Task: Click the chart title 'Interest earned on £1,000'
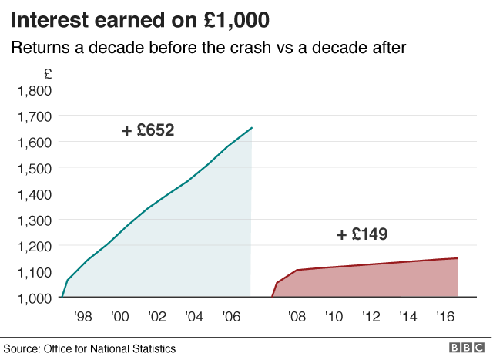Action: (x=140, y=19)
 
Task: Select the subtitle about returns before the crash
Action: (x=207, y=48)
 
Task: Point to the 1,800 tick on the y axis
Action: (x=34, y=90)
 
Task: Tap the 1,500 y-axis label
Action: (x=34, y=168)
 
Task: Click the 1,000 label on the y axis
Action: (x=34, y=298)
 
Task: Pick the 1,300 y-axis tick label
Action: (x=34, y=220)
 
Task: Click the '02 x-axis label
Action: (x=157, y=317)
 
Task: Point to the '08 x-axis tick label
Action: (x=295, y=317)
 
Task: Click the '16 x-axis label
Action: (x=444, y=317)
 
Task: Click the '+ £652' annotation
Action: (x=148, y=131)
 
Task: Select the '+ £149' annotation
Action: (x=362, y=234)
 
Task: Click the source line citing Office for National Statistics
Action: (x=90, y=348)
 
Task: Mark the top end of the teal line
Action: (x=252, y=128)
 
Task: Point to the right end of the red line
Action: (x=458, y=258)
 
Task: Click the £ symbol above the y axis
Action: (x=48, y=74)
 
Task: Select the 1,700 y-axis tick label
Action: (x=34, y=116)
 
